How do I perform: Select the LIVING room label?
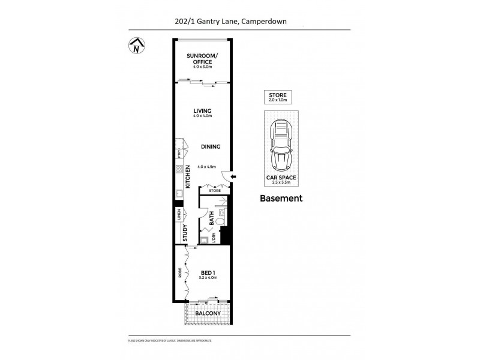coord(202,111)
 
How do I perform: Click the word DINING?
coord(211,146)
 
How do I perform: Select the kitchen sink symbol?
coord(179,194)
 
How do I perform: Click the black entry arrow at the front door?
coord(234,176)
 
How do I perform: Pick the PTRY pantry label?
coord(179,152)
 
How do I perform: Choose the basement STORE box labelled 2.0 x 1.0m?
coord(278,97)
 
